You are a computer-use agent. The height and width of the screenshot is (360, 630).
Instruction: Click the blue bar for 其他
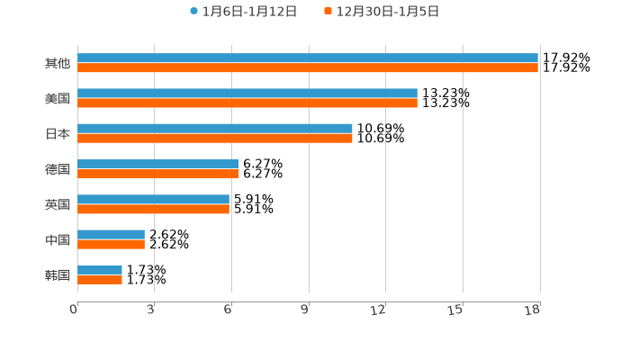[308, 58]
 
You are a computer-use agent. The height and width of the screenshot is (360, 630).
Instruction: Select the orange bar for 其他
[308, 68]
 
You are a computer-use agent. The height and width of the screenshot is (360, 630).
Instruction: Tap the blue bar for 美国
[247, 94]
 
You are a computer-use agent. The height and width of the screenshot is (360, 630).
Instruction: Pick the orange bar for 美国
[247, 103]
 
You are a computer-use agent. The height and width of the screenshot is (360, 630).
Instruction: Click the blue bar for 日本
[215, 129]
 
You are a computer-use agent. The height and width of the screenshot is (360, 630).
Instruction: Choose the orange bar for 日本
[215, 139]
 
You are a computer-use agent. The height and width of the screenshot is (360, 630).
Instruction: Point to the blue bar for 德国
[158, 164]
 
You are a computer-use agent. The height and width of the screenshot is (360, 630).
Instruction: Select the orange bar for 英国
[153, 209]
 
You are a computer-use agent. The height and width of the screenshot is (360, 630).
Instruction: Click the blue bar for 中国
[111, 234]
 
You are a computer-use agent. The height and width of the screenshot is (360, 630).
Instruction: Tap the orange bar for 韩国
[100, 279]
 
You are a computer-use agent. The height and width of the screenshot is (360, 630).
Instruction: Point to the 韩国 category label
[58, 274]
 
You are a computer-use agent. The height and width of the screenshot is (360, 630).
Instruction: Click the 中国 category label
[58, 239]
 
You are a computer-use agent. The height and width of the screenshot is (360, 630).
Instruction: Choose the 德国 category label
[58, 169]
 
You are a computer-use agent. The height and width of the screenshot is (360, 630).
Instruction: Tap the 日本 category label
[58, 134]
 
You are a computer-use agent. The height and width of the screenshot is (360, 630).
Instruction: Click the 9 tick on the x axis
[306, 310]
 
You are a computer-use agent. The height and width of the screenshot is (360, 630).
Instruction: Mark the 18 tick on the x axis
[533, 310]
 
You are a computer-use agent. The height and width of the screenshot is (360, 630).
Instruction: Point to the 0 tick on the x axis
[75, 310]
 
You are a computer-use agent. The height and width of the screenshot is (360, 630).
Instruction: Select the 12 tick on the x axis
[379, 310]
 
